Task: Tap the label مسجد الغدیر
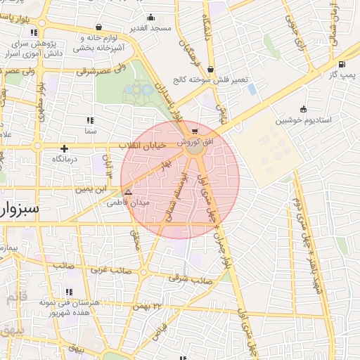(x=151, y=28)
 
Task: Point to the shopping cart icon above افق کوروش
(x=194, y=131)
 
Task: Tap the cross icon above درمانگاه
(x=65, y=148)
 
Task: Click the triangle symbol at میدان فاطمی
(x=127, y=191)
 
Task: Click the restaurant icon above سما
(x=89, y=120)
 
